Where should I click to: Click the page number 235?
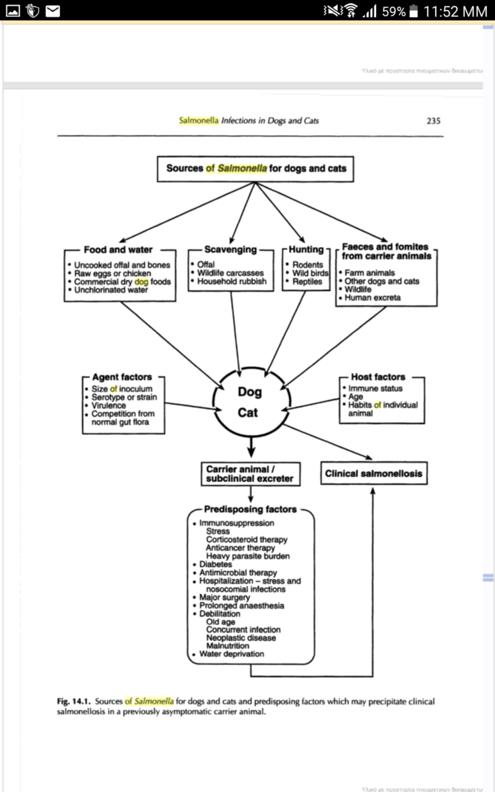coord(433,121)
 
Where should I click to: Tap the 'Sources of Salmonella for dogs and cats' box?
coord(256,168)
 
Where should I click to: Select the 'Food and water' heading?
coord(118,249)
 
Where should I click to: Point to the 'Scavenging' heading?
coord(230,249)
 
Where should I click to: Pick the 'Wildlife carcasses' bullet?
coord(231,273)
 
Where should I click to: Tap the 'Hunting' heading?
coord(306,249)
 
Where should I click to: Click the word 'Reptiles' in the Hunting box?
coord(307,281)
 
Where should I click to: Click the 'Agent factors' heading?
coord(122,378)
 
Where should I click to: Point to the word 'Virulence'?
coord(109,406)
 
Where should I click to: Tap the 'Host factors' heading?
coord(378,377)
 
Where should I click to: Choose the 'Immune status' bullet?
coord(376,389)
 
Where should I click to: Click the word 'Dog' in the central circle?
coord(250,392)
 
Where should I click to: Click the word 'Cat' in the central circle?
coord(250,414)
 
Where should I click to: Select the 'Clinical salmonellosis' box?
coord(374,473)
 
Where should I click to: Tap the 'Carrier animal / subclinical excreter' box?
coord(249,474)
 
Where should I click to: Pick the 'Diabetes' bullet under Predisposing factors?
coord(216,564)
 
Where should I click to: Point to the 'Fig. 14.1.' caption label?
coord(74,701)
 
